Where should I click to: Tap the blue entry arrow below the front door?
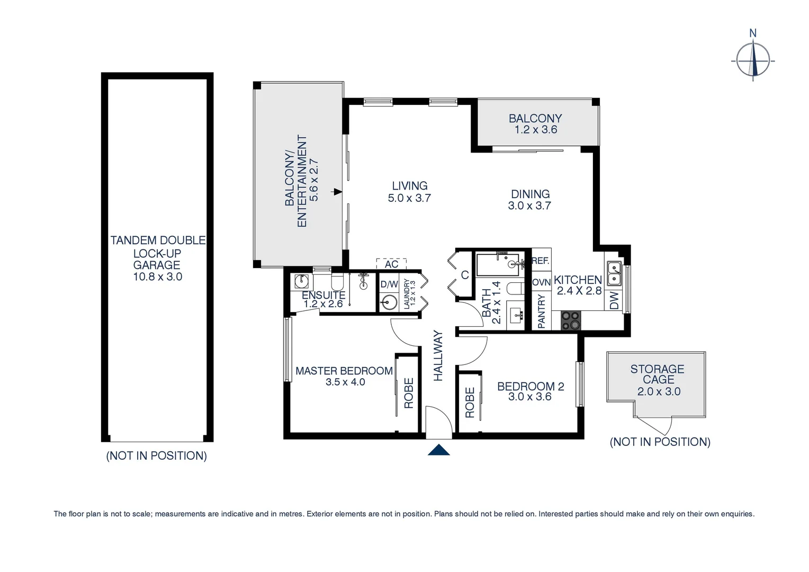pyautogui.click(x=438, y=450)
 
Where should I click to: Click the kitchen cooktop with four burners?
pyautogui.click(x=571, y=320)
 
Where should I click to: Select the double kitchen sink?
pyautogui.click(x=614, y=273)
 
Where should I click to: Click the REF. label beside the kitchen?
pyautogui.click(x=541, y=261)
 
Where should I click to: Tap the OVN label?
pyautogui.click(x=541, y=283)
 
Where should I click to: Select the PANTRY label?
pyautogui.click(x=541, y=312)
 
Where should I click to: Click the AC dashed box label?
pyautogui.click(x=391, y=264)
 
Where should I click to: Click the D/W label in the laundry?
pyautogui.click(x=389, y=284)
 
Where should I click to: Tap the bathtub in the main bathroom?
pyautogui.click(x=498, y=265)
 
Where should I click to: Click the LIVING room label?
pyautogui.click(x=409, y=186)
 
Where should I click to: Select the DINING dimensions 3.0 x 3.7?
pyautogui.click(x=529, y=206)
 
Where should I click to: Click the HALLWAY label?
pyautogui.click(x=438, y=355)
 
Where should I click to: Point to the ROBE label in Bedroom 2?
pyautogui.click(x=470, y=403)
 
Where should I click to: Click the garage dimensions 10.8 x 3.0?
pyautogui.click(x=157, y=276)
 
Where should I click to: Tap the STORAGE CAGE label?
pyautogui.click(x=658, y=374)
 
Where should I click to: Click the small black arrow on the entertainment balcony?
pyautogui.click(x=337, y=192)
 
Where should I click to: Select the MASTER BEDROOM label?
pyautogui.click(x=344, y=371)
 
